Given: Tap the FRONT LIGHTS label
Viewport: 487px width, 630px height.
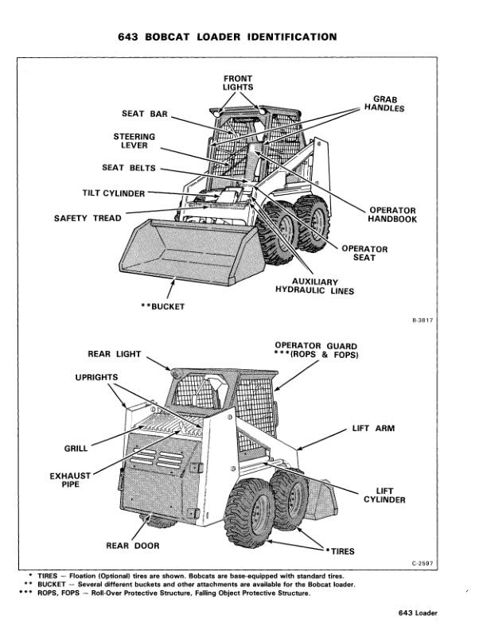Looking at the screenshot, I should click(238, 82).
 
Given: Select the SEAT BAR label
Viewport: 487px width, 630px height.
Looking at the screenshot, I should click(144, 114).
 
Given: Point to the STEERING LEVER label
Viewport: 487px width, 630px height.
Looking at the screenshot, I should click(134, 141).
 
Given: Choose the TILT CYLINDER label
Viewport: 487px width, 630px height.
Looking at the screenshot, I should click(114, 192).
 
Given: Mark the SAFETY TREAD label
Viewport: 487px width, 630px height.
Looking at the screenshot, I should click(88, 218).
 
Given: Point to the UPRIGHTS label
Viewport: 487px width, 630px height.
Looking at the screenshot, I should click(96, 376).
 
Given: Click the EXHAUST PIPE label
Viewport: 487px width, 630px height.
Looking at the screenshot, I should click(69, 480).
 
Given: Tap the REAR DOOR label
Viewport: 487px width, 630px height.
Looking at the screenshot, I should click(133, 546).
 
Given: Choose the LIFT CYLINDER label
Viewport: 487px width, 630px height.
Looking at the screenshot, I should click(385, 496).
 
